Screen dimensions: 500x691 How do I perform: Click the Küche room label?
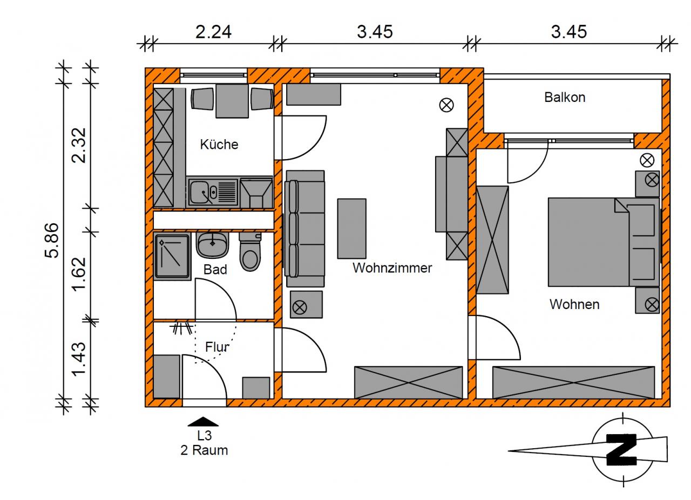pos(219,145)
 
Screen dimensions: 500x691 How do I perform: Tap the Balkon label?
pos(565,98)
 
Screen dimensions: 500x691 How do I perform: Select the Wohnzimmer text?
pos(392,268)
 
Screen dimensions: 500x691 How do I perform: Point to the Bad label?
pos(215,270)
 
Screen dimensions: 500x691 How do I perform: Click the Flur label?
pos(217,347)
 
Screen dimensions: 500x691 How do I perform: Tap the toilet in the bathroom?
pos(250,252)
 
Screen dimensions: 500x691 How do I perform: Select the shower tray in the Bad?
pos(172,256)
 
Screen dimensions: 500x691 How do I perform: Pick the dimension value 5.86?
pos(52,240)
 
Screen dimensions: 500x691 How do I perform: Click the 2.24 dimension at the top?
pos(213,32)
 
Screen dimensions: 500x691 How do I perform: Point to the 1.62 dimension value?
pos(79,273)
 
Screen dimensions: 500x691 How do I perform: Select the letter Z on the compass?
pos(621,449)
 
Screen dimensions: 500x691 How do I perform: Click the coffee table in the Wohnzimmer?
pos(351,228)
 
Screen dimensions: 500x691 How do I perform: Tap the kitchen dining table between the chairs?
pos(233,101)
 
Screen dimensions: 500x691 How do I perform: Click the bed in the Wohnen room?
pos(588,242)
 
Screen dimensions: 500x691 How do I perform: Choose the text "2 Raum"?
pos(204,450)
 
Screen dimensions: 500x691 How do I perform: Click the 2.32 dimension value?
pos(79,145)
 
